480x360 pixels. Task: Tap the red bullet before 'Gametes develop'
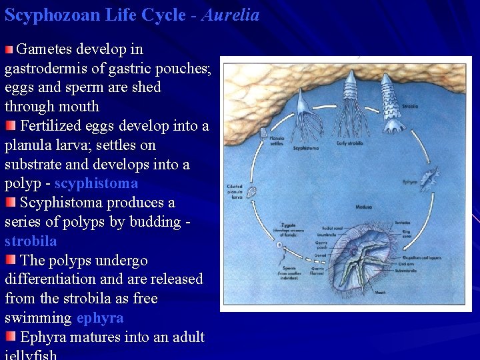[9, 49]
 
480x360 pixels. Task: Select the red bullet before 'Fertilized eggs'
[11, 126]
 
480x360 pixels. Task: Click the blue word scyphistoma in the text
[96, 183]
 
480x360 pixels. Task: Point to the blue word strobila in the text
[31, 241]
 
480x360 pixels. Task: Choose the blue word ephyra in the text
[100, 318]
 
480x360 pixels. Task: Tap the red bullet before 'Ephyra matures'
[11, 337]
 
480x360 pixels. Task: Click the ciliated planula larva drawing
[252, 192]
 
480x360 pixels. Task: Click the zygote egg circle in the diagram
[279, 245]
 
